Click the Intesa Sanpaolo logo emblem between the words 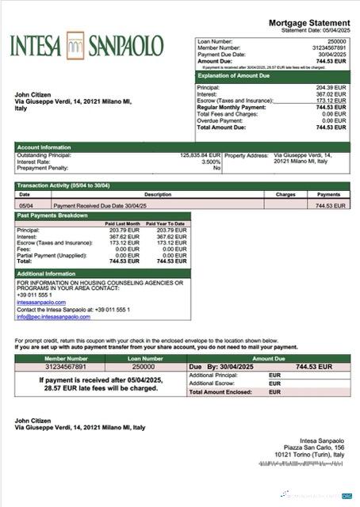point(76,44)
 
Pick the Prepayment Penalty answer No point(216,168)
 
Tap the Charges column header point(285,194)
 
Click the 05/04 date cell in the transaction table point(25,205)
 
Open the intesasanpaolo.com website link point(41,302)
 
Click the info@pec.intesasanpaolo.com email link point(54,317)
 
